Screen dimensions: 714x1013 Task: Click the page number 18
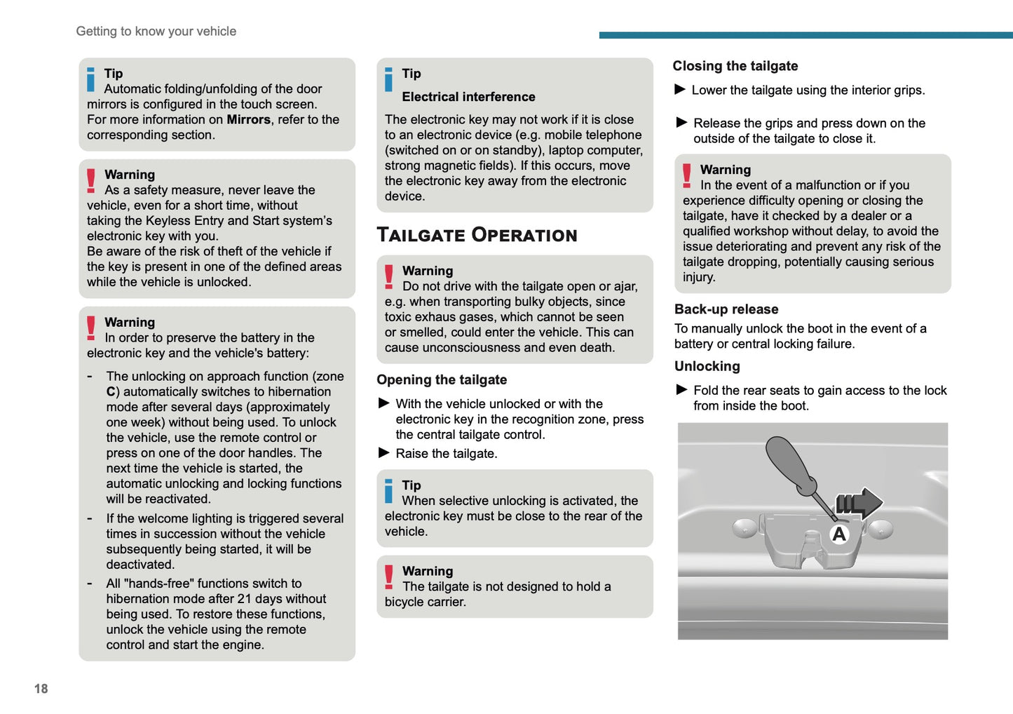point(41,689)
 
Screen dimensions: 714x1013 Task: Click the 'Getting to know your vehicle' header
point(156,32)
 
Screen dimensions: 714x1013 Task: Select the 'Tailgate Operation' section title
point(477,235)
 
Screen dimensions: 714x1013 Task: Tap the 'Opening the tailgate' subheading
point(442,380)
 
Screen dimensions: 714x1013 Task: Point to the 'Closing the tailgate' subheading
point(735,66)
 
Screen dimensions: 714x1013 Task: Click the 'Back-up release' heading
point(726,309)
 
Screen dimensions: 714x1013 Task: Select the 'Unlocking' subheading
point(707,366)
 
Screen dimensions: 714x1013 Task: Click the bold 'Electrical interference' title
point(468,97)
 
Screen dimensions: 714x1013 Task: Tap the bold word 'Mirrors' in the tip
point(248,120)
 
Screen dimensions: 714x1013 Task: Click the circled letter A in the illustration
point(838,534)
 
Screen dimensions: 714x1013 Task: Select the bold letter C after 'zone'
point(111,392)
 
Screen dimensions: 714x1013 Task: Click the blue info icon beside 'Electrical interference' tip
point(388,79)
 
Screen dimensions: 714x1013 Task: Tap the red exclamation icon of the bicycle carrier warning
point(388,577)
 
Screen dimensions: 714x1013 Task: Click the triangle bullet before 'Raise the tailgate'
point(383,453)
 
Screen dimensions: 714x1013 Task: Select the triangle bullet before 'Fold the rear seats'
point(681,390)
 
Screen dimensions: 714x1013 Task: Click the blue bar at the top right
point(805,35)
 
